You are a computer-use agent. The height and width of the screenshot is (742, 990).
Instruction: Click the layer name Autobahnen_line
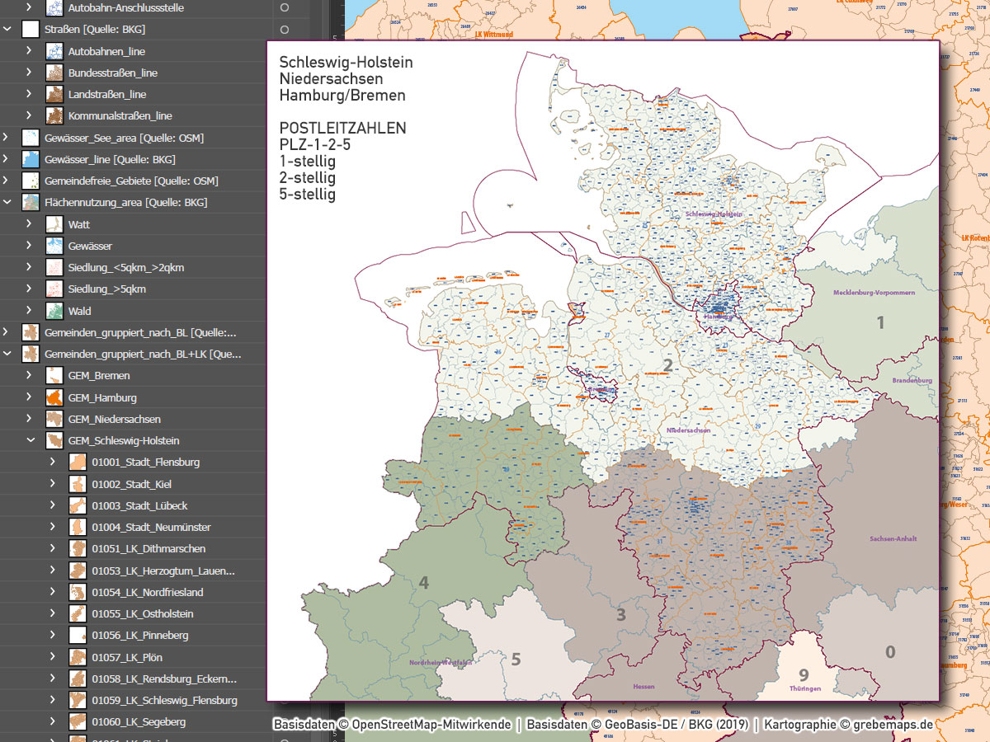(x=106, y=51)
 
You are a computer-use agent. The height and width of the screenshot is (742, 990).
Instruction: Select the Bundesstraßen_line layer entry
(x=112, y=73)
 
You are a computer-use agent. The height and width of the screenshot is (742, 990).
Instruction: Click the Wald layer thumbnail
(x=54, y=311)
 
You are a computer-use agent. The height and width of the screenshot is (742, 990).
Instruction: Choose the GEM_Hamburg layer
(x=102, y=397)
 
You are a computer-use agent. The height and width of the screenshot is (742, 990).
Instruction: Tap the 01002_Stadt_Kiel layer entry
(x=131, y=484)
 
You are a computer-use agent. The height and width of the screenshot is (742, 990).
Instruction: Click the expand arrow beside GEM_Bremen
(x=30, y=375)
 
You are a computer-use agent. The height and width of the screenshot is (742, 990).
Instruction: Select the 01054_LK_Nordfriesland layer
(x=147, y=592)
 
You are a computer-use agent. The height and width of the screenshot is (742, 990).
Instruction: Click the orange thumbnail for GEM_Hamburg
(x=54, y=397)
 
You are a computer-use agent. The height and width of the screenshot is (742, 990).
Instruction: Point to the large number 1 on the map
(x=880, y=322)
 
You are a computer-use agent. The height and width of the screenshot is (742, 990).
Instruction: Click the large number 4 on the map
(x=424, y=584)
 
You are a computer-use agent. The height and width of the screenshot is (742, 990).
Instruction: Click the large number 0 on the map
(x=890, y=652)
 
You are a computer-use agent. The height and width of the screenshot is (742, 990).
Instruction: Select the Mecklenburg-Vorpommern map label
(x=874, y=293)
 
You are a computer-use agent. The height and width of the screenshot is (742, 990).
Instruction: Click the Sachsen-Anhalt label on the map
(x=893, y=538)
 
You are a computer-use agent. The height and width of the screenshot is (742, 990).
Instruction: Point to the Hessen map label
(x=643, y=686)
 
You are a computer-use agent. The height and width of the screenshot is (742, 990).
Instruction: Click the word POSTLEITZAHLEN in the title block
(x=342, y=129)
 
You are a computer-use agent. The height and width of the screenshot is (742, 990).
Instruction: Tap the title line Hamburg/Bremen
(x=342, y=96)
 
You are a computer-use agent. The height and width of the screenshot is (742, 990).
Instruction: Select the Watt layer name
(x=79, y=224)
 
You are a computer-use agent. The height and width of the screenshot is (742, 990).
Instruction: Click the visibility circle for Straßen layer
(x=285, y=30)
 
